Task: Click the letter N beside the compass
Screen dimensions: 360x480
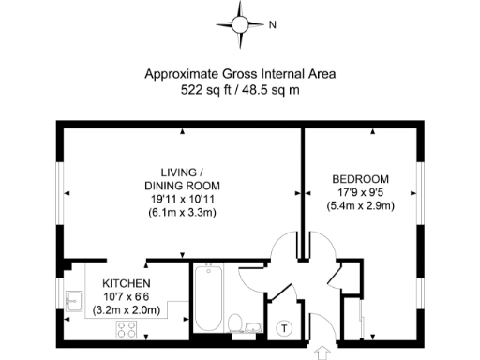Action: [x=272, y=25]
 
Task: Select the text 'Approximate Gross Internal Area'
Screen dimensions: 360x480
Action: [x=239, y=73]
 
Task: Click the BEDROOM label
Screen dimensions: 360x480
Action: [x=361, y=178]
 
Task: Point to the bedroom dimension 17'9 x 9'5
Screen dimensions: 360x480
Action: [x=361, y=192]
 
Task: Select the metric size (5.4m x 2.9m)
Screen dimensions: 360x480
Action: [x=361, y=206]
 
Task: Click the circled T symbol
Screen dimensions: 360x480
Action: [x=286, y=327]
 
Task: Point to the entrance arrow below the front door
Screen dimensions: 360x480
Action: [x=324, y=352]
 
